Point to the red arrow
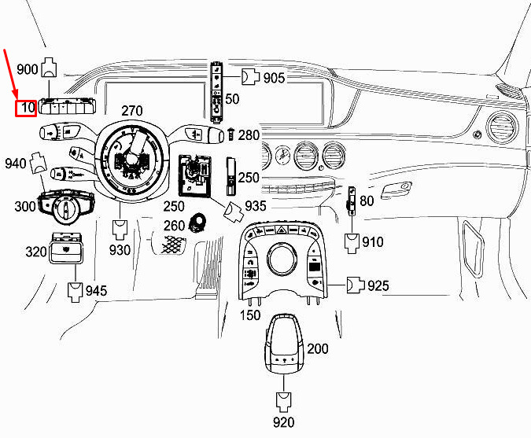(10, 75)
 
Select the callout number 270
(132, 111)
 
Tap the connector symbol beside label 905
(250, 77)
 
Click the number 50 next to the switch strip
(232, 99)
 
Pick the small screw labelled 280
(231, 134)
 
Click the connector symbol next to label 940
(39, 163)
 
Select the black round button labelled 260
(197, 223)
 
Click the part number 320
(36, 252)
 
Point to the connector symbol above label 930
(120, 230)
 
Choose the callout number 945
(96, 290)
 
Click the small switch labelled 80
(351, 201)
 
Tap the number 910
(373, 242)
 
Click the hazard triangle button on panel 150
(282, 230)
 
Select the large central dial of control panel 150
(282, 259)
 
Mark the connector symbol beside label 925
(356, 285)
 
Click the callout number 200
(318, 348)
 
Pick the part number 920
(284, 422)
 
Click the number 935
(256, 205)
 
